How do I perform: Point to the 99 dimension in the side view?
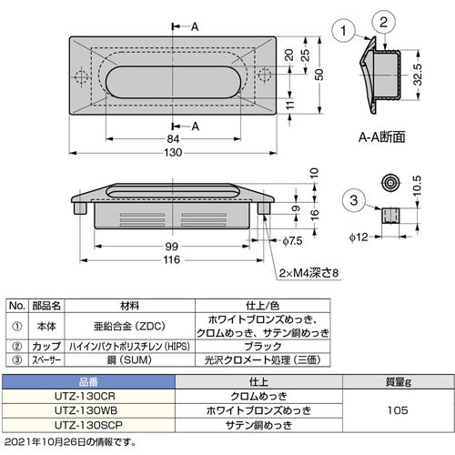[x=173, y=247]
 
